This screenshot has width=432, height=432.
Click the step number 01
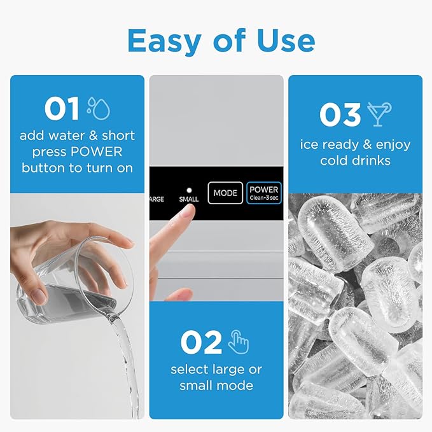tap(62, 109)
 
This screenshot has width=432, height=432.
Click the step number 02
tap(200, 342)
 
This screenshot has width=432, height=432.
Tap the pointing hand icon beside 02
tap(239, 342)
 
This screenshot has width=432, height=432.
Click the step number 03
tap(340, 115)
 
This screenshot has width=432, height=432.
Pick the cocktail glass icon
tap(380, 114)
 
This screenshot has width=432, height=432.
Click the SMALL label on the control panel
tap(188, 199)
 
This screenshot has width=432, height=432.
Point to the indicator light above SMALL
tap(188, 190)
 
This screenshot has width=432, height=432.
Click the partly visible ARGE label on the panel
tap(157, 199)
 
